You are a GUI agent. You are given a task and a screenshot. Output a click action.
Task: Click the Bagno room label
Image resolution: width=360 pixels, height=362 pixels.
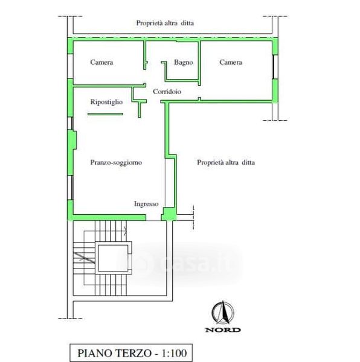pyautogui.click(x=184, y=62)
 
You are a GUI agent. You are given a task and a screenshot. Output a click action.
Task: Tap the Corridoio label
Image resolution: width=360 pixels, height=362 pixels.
pyautogui.click(x=167, y=92)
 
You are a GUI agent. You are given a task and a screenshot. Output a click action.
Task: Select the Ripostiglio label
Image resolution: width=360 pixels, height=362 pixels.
pyautogui.click(x=106, y=102)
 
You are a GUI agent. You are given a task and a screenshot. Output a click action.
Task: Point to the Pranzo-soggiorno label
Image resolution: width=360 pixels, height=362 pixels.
pyautogui.click(x=116, y=162)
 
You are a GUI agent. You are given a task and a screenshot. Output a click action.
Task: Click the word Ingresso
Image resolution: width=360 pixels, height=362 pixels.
pyautogui.click(x=146, y=204)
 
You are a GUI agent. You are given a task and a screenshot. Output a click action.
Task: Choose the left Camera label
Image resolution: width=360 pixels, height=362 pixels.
pyautogui.click(x=101, y=62)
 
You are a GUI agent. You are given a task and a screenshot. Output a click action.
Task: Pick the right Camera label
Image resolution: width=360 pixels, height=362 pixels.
pyautogui.click(x=231, y=62)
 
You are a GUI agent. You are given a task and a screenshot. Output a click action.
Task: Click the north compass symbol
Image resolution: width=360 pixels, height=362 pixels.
pyautogui.click(x=223, y=313)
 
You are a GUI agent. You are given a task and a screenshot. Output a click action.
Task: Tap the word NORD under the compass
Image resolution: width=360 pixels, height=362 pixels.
pyautogui.click(x=223, y=329)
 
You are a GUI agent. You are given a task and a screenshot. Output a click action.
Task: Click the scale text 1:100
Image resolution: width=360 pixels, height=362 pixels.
pyautogui.click(x=174, y=353)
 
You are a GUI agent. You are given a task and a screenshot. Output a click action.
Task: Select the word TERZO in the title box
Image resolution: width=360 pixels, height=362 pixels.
pyautogui.click(x=133, y=353)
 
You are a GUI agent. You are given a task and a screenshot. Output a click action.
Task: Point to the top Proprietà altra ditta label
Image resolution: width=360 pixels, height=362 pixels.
pyautogui.click(x=165, y=23)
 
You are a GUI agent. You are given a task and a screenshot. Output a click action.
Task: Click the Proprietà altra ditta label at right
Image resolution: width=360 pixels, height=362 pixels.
pyautogui.click(x=226, y=162)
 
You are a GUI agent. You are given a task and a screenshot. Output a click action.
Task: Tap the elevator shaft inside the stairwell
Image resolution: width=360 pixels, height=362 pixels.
pyautogui.click(x=113, y=258)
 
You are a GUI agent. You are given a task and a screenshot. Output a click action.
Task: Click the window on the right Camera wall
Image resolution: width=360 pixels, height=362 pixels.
pyautogui.click(x=275, y=67)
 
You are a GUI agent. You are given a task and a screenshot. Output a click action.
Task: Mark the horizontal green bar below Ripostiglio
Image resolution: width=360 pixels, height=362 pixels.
pyautogui.click(x=105, y=114)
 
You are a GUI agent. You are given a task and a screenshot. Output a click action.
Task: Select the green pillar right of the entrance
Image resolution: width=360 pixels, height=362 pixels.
pyautogui.click(x=169, y=214)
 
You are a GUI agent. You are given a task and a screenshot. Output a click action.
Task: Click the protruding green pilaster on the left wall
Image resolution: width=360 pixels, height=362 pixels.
pyautogui.click(x=72, y=139)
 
